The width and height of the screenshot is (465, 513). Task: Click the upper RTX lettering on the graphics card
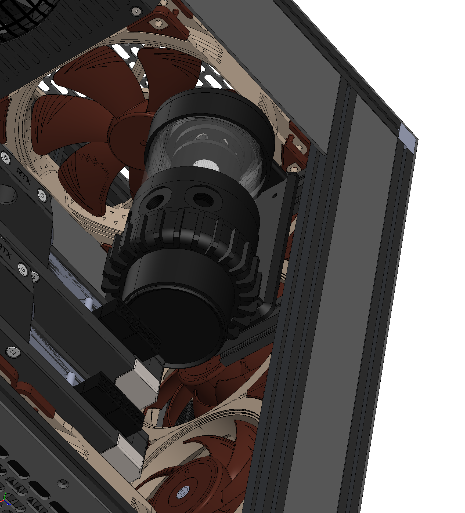[24, 176]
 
